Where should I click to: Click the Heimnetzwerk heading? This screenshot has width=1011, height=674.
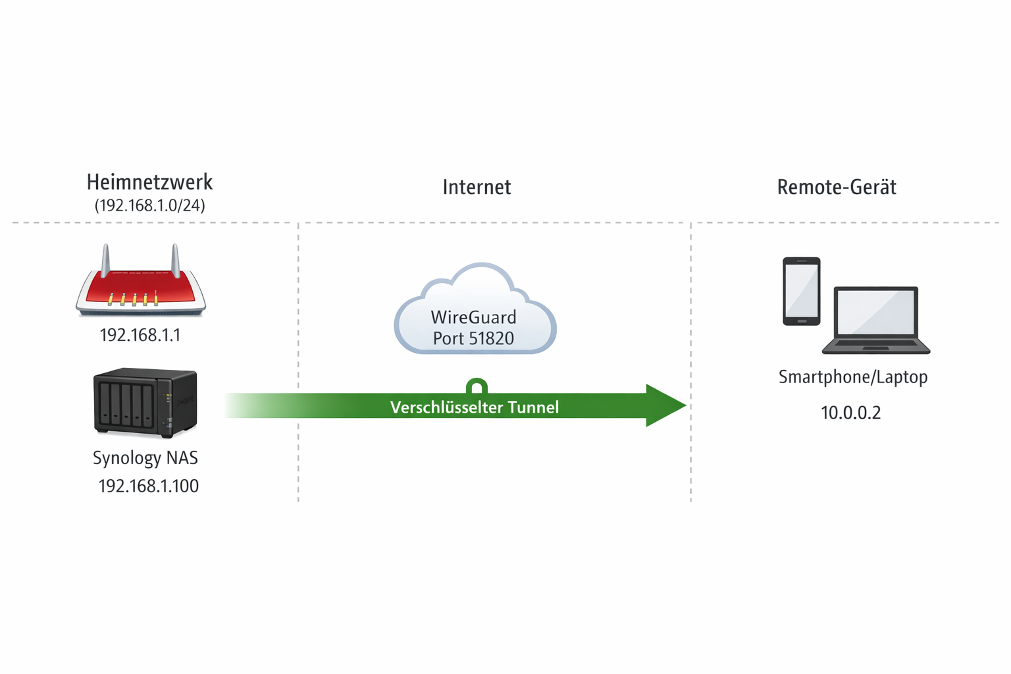click(x=149, y=182)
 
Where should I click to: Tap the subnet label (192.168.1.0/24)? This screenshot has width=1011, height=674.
click(x=149, y=206)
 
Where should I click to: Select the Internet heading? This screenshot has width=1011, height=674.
click(x=477, y=188)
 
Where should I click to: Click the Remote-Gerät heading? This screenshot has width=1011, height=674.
click(x=837, y=188)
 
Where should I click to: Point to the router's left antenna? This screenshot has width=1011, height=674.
click(x=105, y=259)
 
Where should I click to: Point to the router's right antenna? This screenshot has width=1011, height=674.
click(x=176, y=259)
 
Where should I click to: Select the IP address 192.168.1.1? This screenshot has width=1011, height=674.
click(x=140, y=335)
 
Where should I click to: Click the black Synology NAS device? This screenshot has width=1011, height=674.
click(x=145, y=402)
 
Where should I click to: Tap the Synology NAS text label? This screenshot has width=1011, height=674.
click(x=145, y=457)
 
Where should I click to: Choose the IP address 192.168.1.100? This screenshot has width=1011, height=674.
click(x=148, y=486)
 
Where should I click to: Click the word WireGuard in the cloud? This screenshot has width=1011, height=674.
click(x=473, y=317)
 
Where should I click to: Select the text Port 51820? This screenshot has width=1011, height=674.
click(x=473, y=338)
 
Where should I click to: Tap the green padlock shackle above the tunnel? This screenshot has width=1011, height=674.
click(x=477, y=384)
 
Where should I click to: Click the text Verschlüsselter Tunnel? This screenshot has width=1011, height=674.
click(x=474, y=407)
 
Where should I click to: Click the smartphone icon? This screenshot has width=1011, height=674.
click(x=801, y=291)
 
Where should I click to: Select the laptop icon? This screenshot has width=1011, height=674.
click(x=875, y=320)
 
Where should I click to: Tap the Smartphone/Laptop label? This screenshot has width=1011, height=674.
click(x=853, y=377)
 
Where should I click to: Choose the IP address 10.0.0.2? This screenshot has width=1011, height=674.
click(x=850, y=413)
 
